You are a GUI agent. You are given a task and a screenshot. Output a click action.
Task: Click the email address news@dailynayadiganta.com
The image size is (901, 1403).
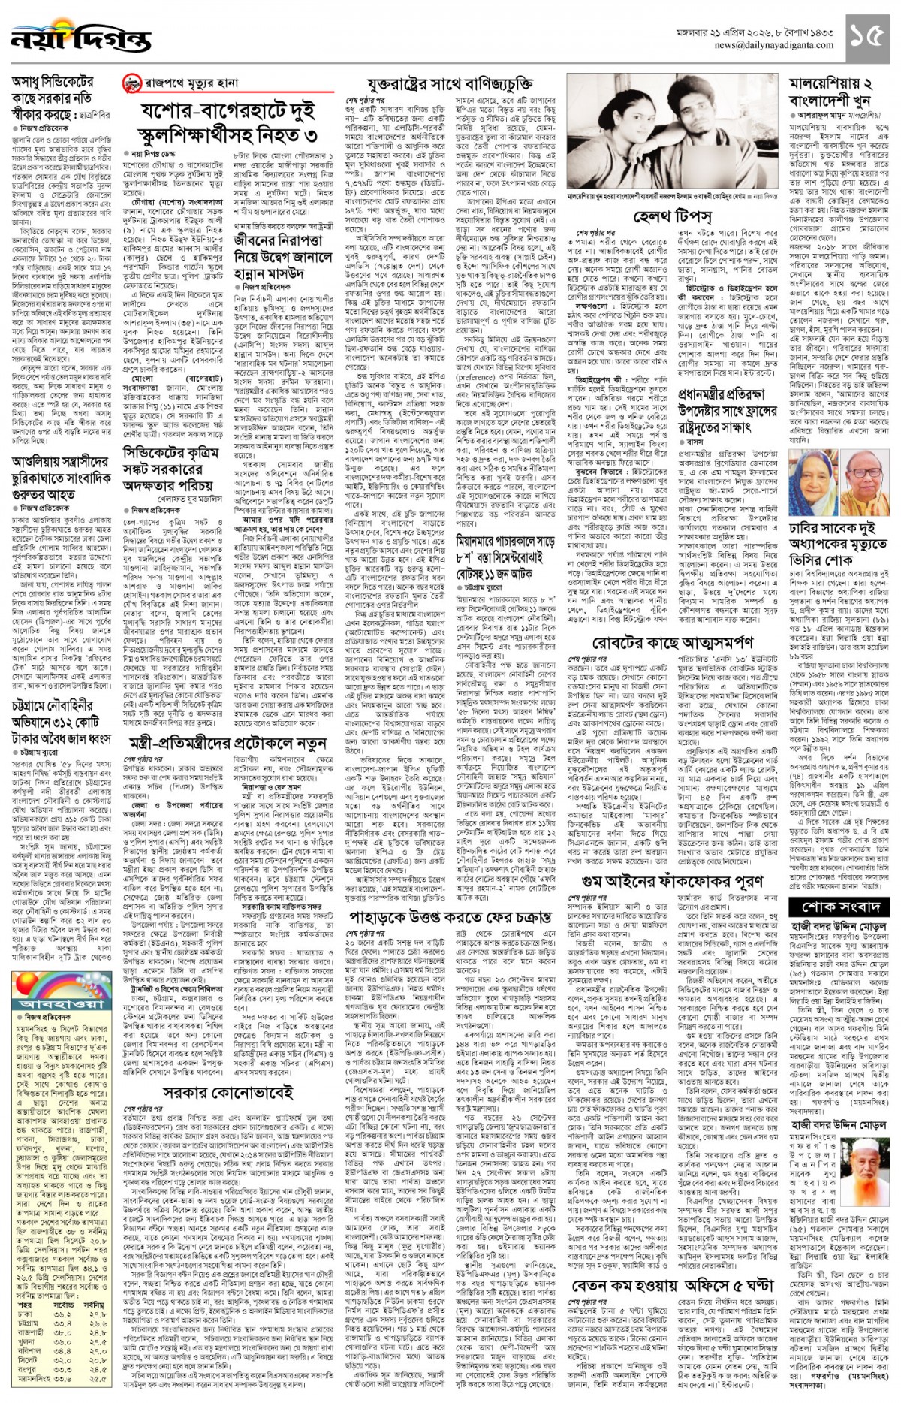coord(776,45)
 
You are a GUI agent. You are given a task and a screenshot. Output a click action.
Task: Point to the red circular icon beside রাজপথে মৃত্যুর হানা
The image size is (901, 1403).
coord(132,83)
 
